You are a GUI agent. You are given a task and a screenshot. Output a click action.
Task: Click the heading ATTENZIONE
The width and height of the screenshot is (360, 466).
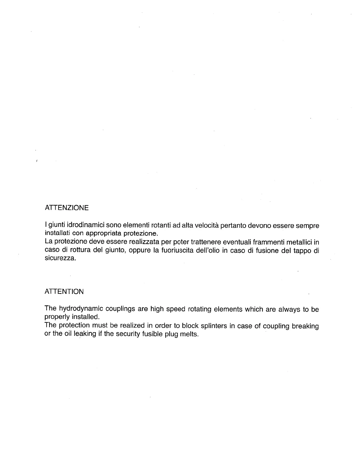click(x=66, y=208)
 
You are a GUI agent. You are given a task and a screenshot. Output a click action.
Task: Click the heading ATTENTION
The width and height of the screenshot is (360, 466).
click(x=64, y=292)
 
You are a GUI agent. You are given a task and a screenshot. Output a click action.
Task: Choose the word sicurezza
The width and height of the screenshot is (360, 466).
click(x=60, y=259)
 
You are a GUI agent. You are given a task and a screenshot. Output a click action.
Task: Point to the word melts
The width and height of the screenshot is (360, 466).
click(x=189, y=334)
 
